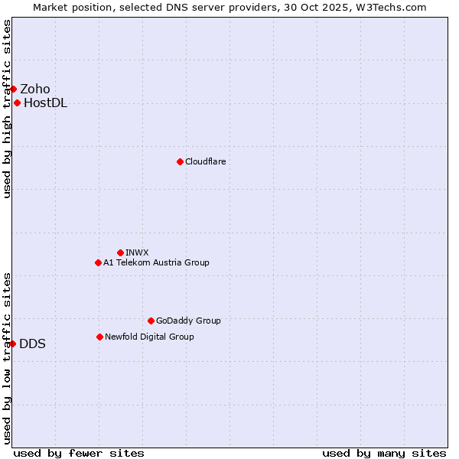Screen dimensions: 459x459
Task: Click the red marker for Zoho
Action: coord(13,89)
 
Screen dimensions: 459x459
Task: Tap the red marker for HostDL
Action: coord(17,103)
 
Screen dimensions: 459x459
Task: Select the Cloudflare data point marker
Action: coord(180,161)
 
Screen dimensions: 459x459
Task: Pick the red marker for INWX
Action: coord(120,252)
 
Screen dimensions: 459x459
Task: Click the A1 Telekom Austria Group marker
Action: coord(98,262)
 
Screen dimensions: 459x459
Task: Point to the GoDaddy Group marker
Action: coord(151,321)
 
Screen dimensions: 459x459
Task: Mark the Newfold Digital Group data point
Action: coord(99,337)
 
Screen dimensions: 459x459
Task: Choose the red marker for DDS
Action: coord(13,343)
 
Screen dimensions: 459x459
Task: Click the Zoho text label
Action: coord(35,89)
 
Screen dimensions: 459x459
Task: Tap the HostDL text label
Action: coord(45,103)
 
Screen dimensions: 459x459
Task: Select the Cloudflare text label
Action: coord(205,161)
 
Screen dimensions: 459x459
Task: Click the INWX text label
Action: coord(137,252)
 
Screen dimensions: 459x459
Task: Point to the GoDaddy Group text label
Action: coord(188,321)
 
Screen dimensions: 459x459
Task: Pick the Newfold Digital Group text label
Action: coord(149,337)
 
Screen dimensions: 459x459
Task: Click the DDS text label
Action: coord(32,343)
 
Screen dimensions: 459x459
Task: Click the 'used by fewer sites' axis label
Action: coord(79,453)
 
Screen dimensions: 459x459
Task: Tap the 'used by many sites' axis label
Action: coord(384,453)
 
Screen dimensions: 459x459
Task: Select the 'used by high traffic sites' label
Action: coord(8,109)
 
